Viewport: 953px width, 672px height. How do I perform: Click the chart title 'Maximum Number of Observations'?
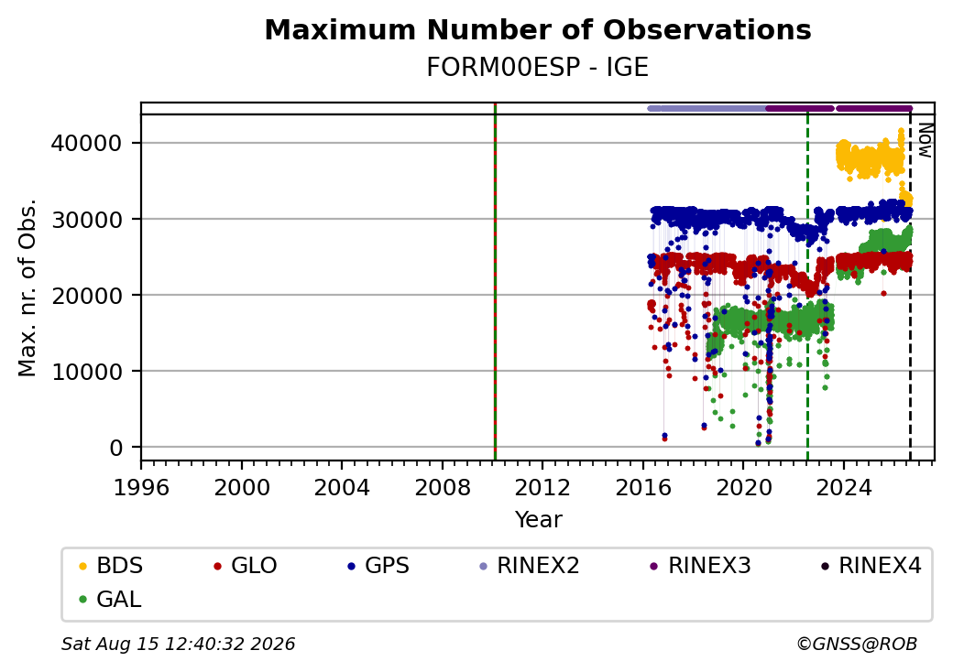pos(538,29)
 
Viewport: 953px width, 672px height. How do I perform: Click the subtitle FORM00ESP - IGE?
pos(538,67)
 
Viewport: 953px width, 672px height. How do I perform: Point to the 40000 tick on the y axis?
pos(87,143)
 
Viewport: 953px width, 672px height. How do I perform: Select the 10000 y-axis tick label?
pos(87,372)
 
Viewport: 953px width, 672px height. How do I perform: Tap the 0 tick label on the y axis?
pos(116,448)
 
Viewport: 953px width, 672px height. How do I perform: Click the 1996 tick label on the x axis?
pos(142,487)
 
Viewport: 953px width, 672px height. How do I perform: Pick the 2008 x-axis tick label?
pos(443,487)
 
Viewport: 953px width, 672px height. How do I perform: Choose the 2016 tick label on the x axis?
pos(643,487)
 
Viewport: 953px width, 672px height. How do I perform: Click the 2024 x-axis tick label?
pos(844,487)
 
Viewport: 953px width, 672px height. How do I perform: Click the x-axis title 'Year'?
pos(539,520)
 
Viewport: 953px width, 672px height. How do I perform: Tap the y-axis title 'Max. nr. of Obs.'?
pos(27,287)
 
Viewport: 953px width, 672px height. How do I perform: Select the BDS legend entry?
pos(111,566)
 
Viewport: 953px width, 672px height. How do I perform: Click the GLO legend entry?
pos(245,566)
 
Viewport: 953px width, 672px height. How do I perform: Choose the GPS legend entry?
pos(378,566)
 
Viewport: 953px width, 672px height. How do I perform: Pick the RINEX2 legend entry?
pos(530,566)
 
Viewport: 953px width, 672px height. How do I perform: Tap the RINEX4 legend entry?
pos(871,566)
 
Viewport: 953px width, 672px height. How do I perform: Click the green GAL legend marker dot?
pos(83,600)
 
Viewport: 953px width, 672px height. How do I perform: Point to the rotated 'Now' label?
pos(925,140)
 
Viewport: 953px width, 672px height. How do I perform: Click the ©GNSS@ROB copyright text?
pos(857,644)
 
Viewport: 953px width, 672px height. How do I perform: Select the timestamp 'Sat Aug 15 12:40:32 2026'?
pos(178,644)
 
